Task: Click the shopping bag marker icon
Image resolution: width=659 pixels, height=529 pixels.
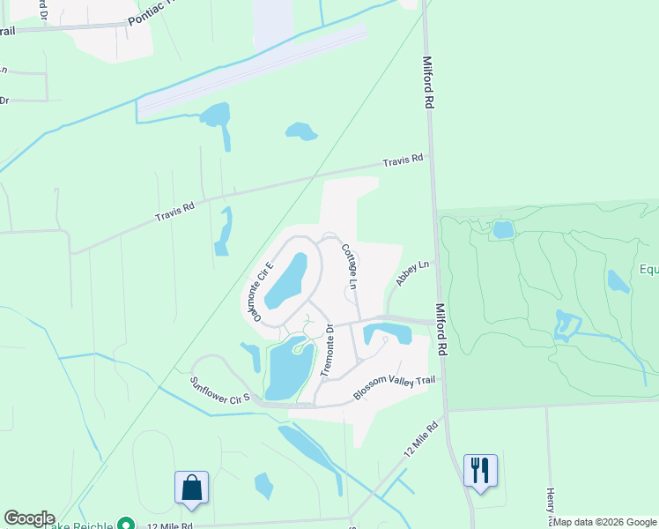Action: pos(191,488)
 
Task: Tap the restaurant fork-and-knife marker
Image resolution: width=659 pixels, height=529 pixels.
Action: pos(480,470)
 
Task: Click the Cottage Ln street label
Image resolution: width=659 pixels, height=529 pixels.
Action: pos(350,266)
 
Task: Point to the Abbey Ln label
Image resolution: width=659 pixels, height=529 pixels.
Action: pos(411,272)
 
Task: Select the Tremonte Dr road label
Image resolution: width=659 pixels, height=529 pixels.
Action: pos(326,351)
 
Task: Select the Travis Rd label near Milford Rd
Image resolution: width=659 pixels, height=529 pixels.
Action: pos(403,161)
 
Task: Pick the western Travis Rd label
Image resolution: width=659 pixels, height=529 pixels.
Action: pos(174,212)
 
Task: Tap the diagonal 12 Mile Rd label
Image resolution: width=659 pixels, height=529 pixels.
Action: pos(422,436)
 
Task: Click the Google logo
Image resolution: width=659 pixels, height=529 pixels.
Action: pos(29,518)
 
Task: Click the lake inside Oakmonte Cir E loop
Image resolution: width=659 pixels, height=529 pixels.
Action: pos(290,279)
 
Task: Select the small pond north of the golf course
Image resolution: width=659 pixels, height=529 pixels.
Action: pos(503,229)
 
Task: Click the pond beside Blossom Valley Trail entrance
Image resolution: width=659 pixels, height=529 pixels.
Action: pos(388,333)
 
